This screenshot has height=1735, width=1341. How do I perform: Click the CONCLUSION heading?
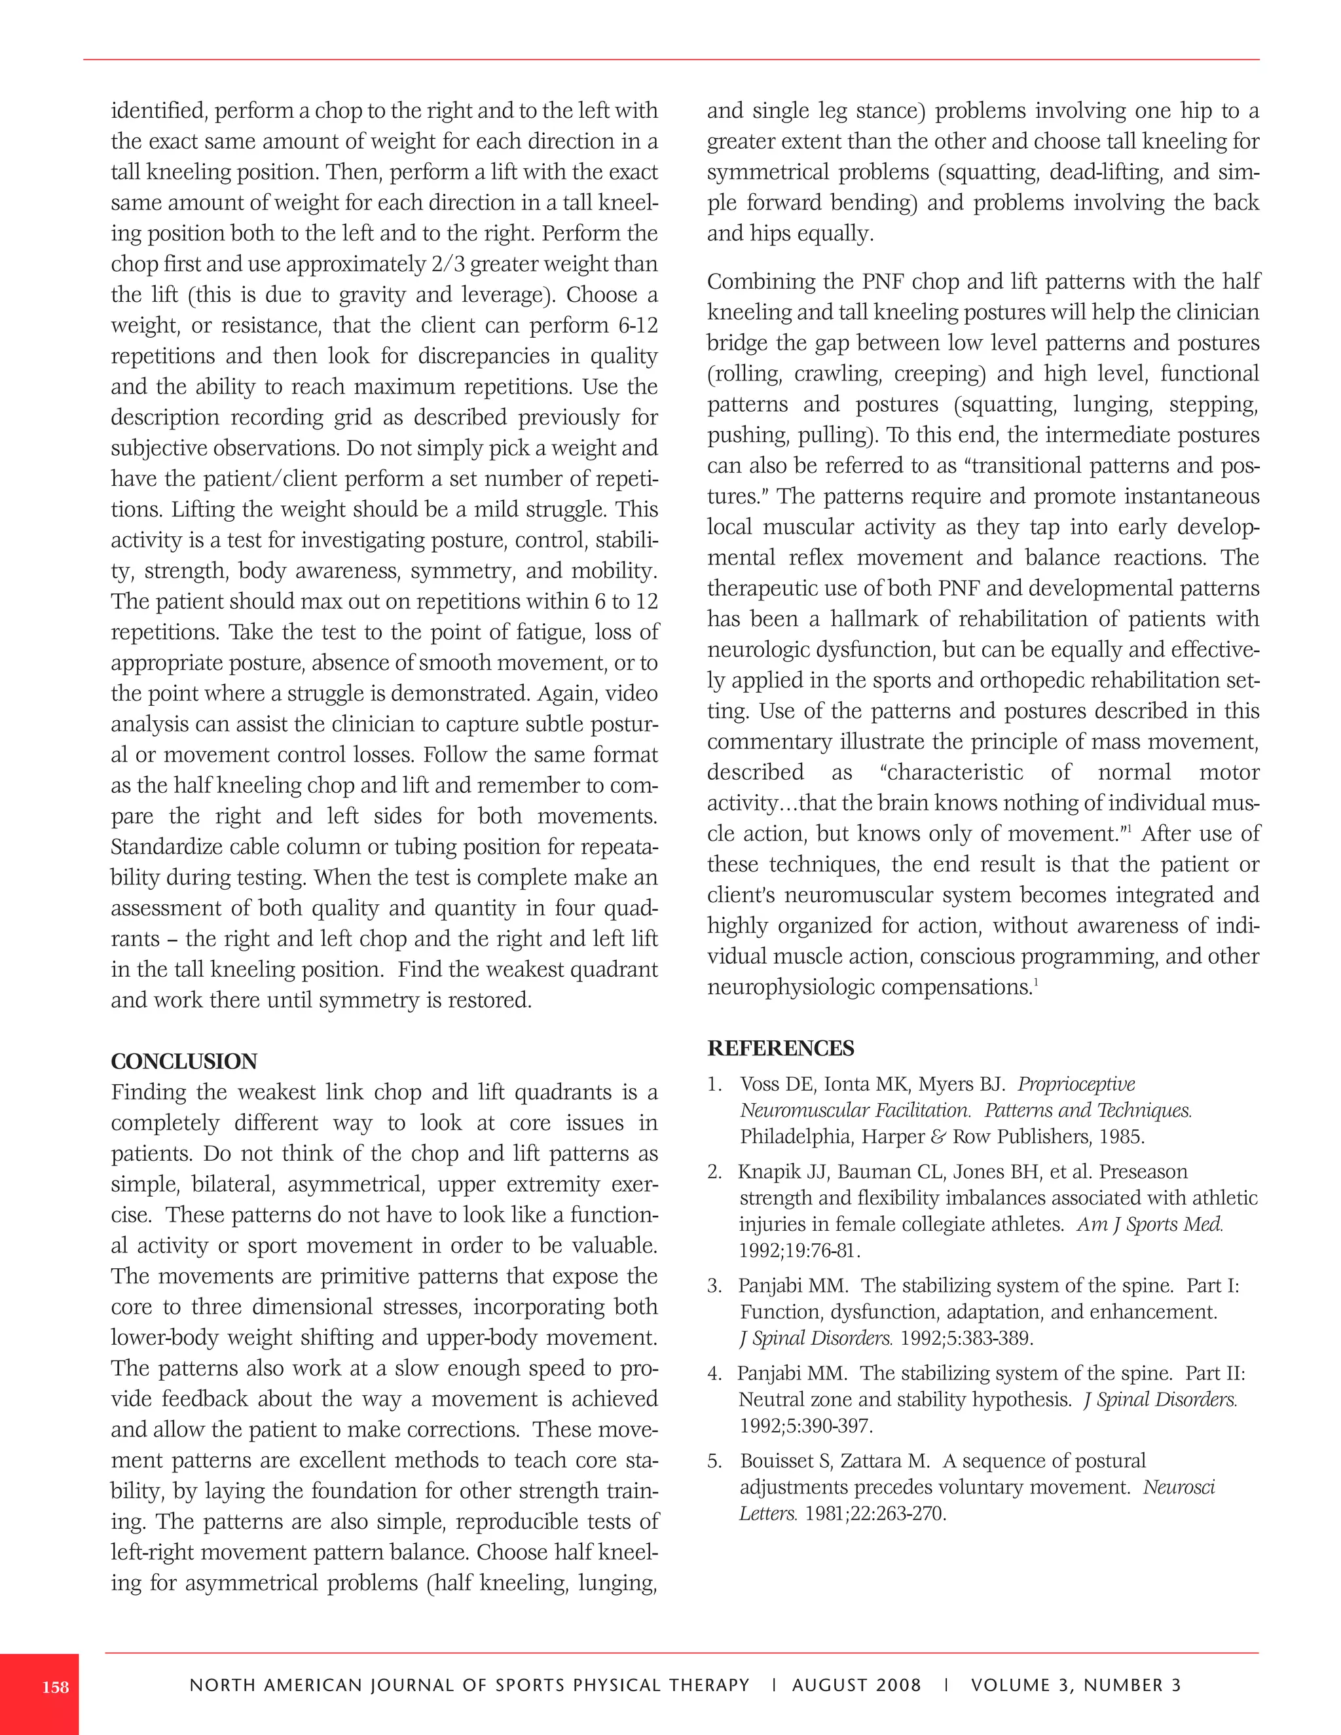tap(183, 1061)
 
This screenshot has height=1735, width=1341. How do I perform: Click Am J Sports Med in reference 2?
tap(1150, 1224)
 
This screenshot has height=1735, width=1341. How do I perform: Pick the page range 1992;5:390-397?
tap(805, 1426)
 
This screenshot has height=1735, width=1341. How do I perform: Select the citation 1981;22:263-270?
tap(875, 1513)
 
